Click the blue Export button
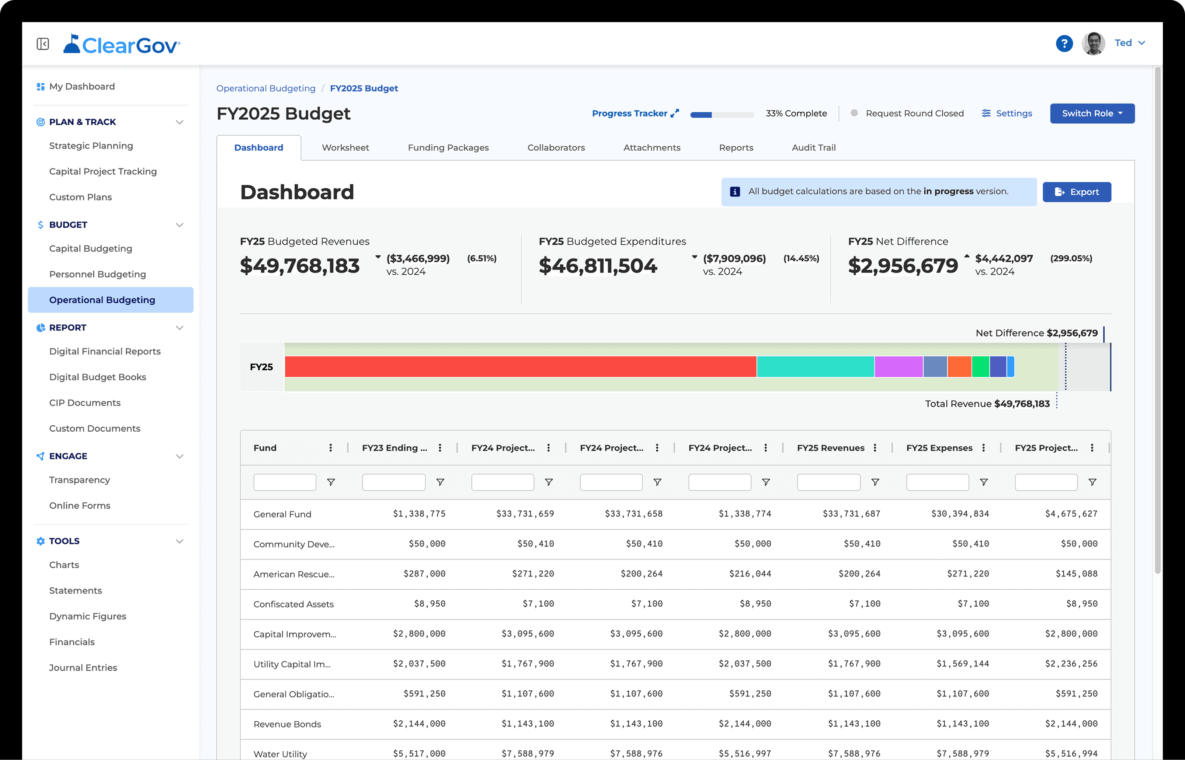[x=1077, y=192]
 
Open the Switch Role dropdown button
[x=1092, y=114]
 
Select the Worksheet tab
[x=345, y=147]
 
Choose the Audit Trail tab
[x=813, y=147]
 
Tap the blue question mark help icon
[x=1064, y=43]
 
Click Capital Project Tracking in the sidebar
[x=102, y=171]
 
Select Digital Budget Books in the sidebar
[x=97, y=377]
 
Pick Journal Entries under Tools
[x=83, y=668]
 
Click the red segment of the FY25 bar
[x=520, y=367]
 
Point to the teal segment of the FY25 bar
[x=815, y=367]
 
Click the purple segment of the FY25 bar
[x=898, y=367]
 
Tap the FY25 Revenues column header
[x=831, y=447]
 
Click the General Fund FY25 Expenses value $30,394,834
[x=960, y=514]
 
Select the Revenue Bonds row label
[x=287, y=724]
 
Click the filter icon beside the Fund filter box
[x=331, y=482]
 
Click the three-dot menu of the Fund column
[x=331, y=447]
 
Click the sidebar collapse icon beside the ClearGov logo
[x=43, y=44]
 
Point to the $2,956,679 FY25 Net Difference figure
[x=903, y=266]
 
